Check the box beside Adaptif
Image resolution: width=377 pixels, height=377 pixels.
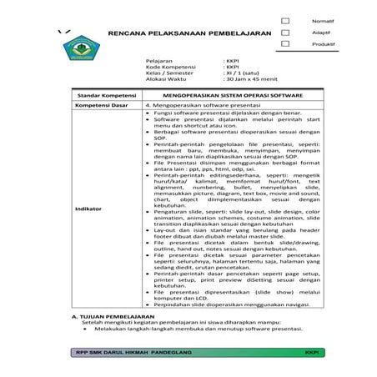tap(285, 33)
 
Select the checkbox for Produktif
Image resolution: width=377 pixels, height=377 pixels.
tap(285, 44)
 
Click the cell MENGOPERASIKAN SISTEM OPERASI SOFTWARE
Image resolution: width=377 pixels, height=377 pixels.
tap(234, 96)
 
